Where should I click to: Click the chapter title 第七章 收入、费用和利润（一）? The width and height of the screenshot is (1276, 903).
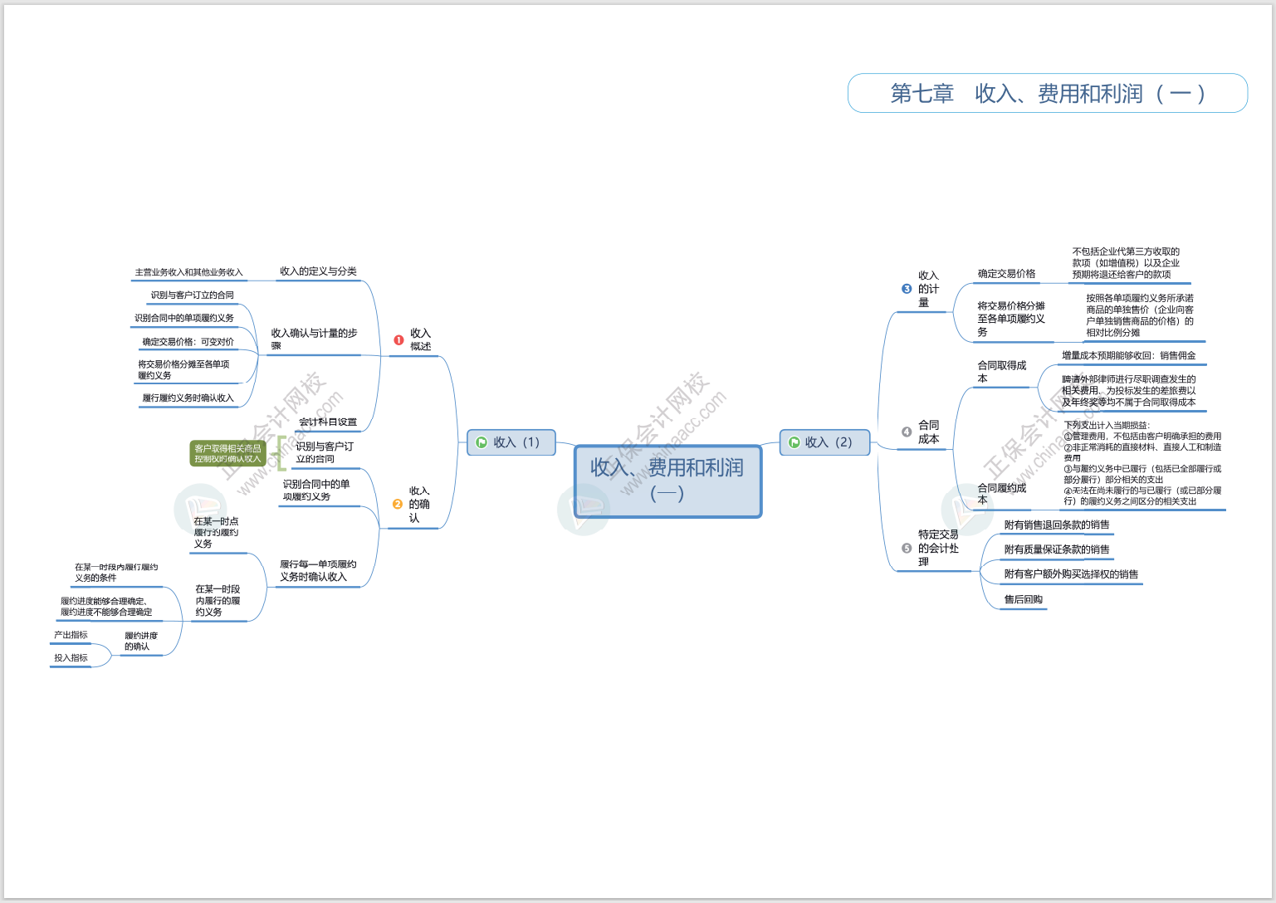(1047, 93)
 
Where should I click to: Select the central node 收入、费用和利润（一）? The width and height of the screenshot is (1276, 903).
(667, 481)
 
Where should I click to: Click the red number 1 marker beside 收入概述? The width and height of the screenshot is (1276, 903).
(398, 339)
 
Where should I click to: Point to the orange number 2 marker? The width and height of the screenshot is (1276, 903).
(398, 504)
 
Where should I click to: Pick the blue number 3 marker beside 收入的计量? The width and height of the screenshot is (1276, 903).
(907, 289)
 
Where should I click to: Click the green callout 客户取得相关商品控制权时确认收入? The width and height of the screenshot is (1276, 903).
(227, 453)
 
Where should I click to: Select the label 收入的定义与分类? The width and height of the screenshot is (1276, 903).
(318, 271)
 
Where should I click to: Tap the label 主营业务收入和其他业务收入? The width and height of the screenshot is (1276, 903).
(188, 272)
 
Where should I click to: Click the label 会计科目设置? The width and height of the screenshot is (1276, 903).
(328, 422)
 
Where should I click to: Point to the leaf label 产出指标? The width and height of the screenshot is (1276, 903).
(71, 635)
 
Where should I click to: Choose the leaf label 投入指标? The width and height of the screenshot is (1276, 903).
(71, 658)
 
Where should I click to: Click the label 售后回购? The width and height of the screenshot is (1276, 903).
(1023, 599)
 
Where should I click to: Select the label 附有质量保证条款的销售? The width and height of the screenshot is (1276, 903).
(1056, 549)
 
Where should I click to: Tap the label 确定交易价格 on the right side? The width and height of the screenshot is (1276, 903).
(1006, 273)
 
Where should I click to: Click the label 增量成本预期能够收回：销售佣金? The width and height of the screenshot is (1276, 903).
(1128, 355)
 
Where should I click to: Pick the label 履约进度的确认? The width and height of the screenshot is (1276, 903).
(141, 641)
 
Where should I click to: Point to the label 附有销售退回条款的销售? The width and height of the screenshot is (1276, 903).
(1056, 525)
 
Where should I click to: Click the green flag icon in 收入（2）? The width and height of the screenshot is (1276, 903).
(794, 442)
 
